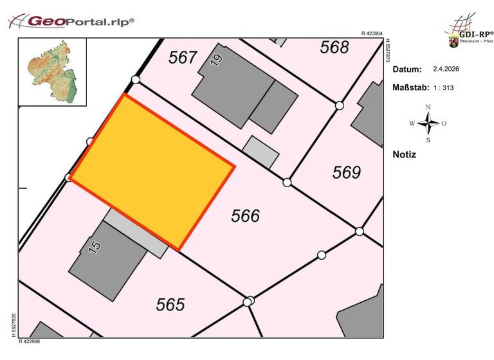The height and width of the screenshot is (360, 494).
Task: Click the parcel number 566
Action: pos(245,216)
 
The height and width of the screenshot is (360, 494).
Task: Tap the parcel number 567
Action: pos(183,58)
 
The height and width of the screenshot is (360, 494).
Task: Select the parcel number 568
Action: pos(334,47)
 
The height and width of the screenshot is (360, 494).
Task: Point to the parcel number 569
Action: pos(347,172)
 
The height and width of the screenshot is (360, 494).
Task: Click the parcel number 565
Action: pos(170,304)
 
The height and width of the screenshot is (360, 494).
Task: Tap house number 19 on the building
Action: pos(217,60)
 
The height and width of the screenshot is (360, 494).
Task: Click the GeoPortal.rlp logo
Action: pos(71,21)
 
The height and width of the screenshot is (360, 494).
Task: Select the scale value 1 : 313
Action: pos(444,87)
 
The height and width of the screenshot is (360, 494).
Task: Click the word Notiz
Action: pos(404,154)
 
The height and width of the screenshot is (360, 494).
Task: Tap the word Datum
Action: pos(407,69)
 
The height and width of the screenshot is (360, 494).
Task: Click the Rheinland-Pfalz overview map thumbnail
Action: pos(52,71)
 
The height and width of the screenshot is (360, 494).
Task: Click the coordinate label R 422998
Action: pos(30,341)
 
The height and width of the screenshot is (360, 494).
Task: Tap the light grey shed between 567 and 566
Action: pos(261,152)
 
